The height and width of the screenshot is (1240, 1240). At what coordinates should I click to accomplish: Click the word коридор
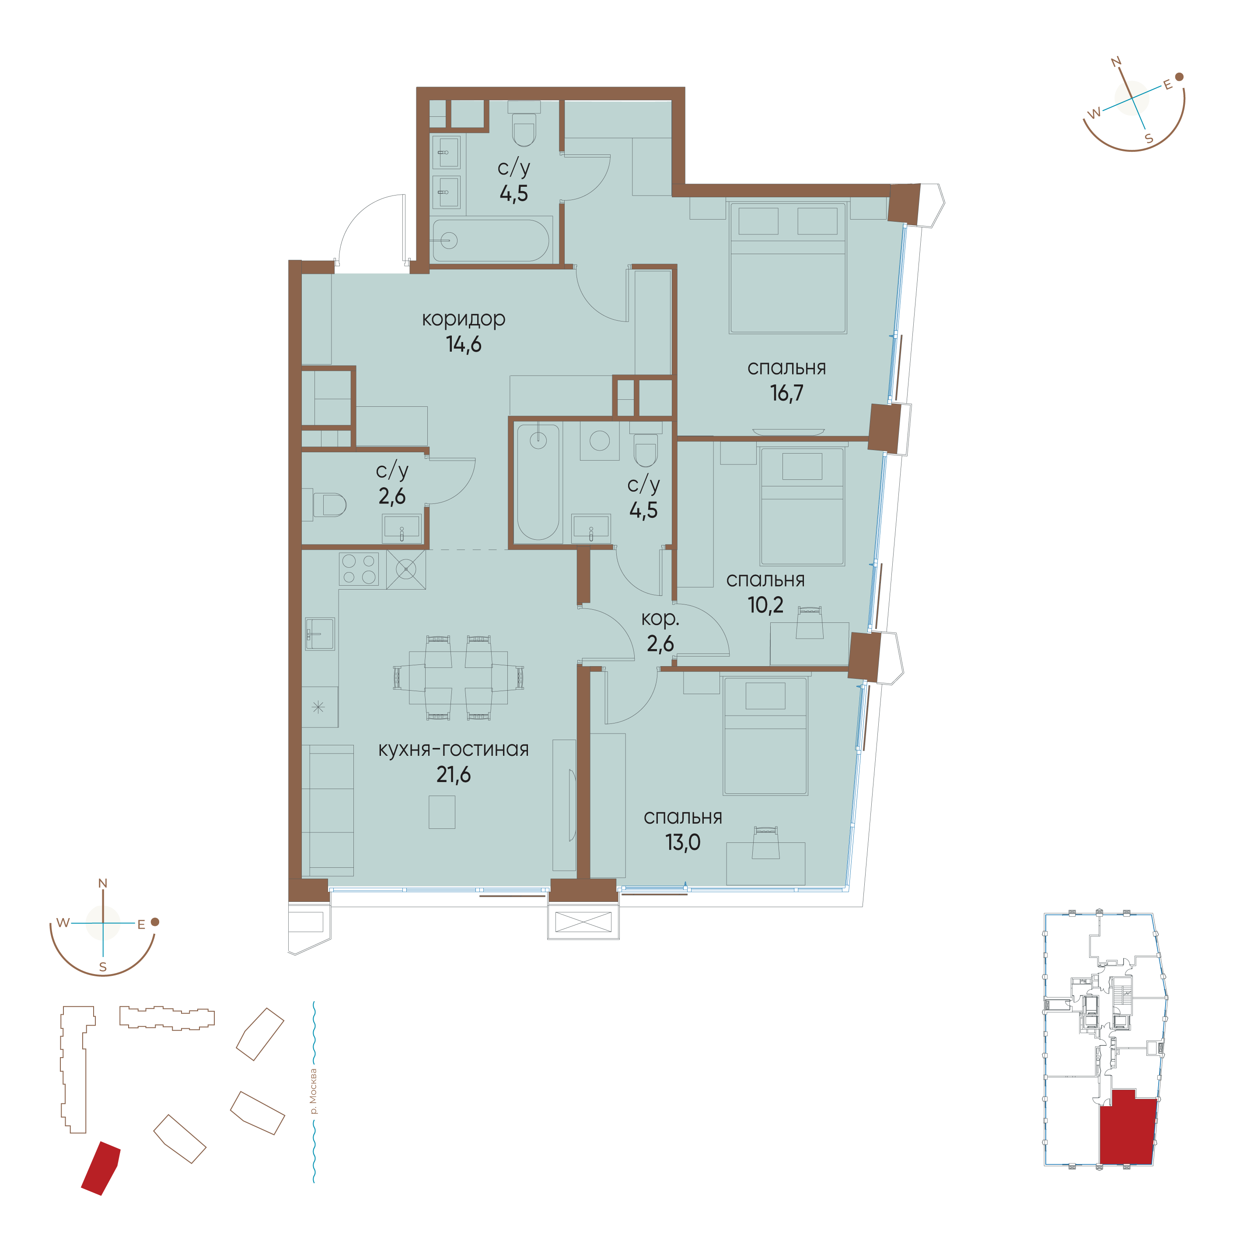[x=463, y=319]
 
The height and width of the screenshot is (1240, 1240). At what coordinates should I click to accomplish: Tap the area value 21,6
[x=454, y=775]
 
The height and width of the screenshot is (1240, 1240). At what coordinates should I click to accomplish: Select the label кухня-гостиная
[x=454, y=749]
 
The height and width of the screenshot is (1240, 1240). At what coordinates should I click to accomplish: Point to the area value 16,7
[x=787, y=393]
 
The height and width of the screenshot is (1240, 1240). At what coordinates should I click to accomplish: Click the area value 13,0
[x=683, y=842]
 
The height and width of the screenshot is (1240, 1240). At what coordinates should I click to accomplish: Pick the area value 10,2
[x=766, y=604]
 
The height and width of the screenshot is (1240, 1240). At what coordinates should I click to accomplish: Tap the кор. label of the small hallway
[x=660, y=619]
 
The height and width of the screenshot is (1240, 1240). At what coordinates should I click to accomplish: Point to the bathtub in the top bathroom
[x=491, y=241]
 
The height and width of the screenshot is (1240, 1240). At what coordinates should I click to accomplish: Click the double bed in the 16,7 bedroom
[x=787, y=268]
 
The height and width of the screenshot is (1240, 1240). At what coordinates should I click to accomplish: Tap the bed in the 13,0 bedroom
[x=765, y=736]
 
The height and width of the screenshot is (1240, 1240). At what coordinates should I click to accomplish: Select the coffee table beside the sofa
[x=442, y=812]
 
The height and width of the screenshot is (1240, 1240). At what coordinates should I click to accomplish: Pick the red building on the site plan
[x=101, y=1168]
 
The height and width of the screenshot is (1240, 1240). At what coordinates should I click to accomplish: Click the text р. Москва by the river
[x=313, y=1091]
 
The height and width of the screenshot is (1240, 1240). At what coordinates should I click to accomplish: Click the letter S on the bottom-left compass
[x=103, y=967]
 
